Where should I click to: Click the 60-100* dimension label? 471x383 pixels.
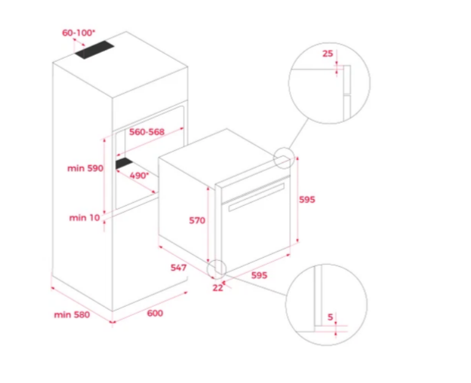[78, 33]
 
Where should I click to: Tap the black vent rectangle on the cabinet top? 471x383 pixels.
[95, 49]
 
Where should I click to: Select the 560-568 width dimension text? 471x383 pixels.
[147, 132]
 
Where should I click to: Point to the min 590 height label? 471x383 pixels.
[85, 168]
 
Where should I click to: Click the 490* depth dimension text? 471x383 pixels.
[139, 175]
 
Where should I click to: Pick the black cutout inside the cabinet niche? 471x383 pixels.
[124, 163]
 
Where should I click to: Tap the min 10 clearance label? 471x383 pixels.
[84, 217]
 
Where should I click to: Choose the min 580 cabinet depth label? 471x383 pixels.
[72, 315]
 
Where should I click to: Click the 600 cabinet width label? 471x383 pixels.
[155, 313]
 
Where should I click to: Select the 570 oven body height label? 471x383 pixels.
[197, 221]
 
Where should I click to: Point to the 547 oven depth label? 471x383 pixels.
[179, 268]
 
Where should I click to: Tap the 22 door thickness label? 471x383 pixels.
[218, 288]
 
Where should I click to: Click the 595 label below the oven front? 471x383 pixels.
[259, 275]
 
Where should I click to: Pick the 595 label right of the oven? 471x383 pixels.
[307, 200]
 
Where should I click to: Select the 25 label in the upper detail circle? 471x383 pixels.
[328, 54]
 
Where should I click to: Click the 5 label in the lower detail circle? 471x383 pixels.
[330, 317]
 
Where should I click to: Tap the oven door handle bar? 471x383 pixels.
[256, 197]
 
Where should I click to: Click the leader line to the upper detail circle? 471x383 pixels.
[299, 134]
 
